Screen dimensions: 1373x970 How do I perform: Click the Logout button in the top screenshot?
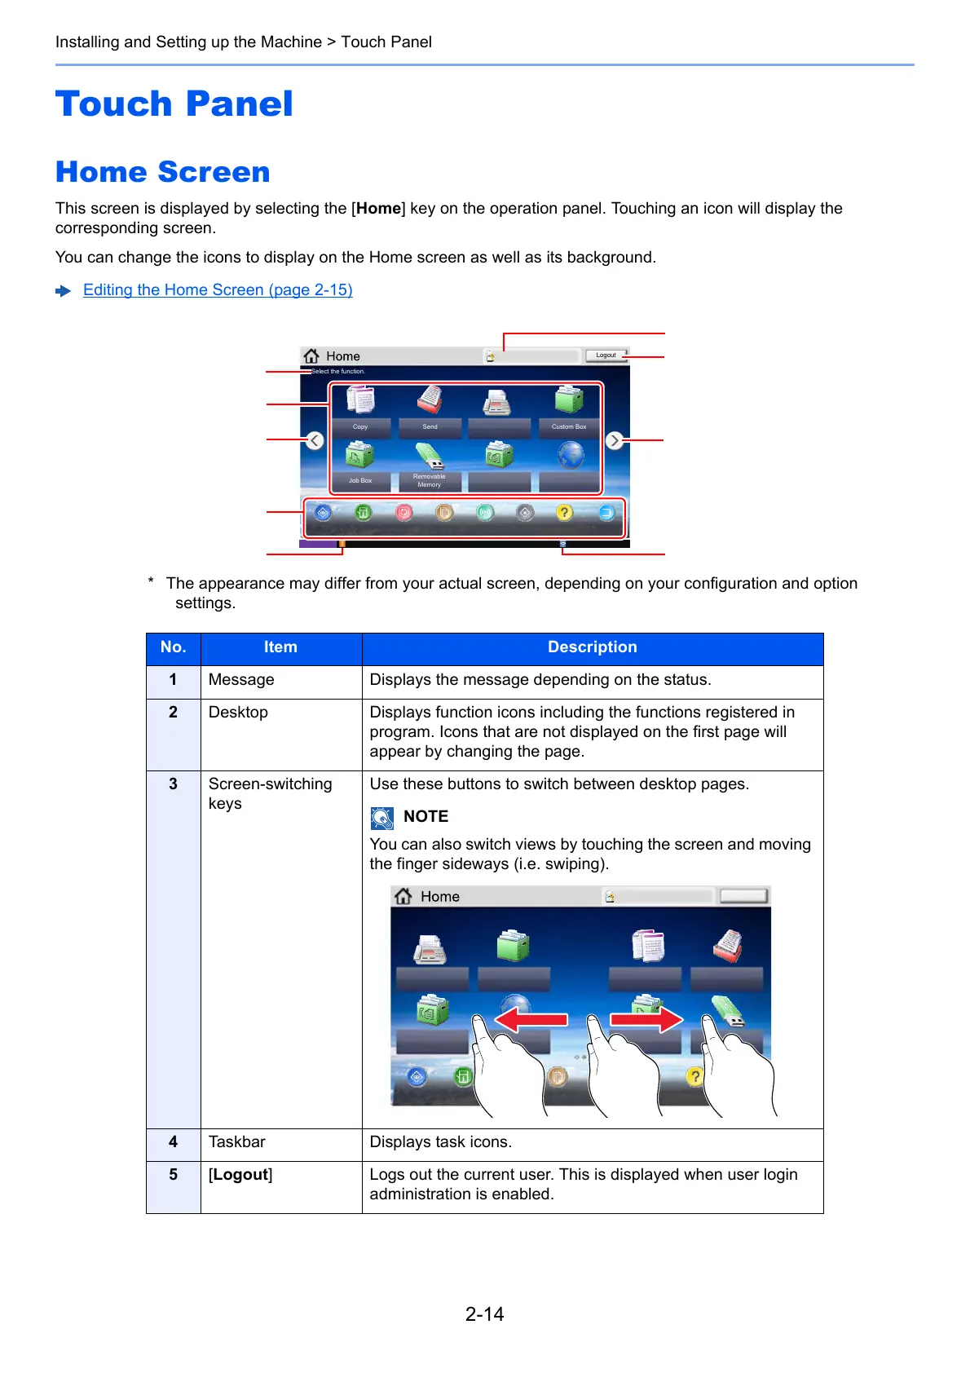click(x=606, y=355)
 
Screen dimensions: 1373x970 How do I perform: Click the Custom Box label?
click(x=569, y=426)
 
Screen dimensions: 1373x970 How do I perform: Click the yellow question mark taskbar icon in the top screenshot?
click(x=564, y=512)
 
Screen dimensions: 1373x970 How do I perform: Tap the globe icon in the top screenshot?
click(x=571, y=455)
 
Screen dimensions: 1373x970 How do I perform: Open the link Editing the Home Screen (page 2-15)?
click(x=218, y=290)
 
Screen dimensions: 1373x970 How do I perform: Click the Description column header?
click(x=592, y=647)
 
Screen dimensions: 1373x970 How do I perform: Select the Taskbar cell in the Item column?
click(x=237, y=1142)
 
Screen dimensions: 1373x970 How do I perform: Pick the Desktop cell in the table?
click(x=238, y=713)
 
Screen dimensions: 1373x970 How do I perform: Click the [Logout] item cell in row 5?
click(x=240, y=1175)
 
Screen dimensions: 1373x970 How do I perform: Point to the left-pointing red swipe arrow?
click(x=531, y=1019)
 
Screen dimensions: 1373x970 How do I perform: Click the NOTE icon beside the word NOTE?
click(x=381, y=818)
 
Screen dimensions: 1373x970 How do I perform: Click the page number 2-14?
click(x=484, y=1314)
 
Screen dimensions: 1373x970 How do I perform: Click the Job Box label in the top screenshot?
click(x=360, y=481)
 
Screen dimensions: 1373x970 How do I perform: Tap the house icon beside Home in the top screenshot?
click(x=311, y=356)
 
